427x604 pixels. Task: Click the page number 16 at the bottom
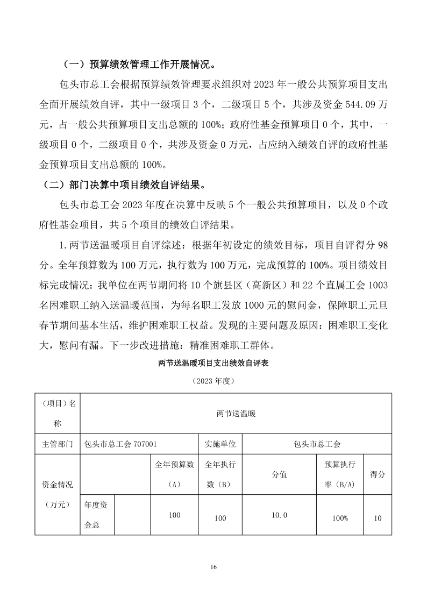pyautogui.click(x=213, y=567)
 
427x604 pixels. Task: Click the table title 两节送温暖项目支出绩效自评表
pyautogui.click(x=213, y=363)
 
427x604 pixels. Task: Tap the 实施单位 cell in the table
pyautogui.click(x=220, y=444)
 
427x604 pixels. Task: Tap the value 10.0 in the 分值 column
pyautogui.click(x=279, y=515)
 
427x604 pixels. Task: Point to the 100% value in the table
pyautogui.click(x=340, y=518)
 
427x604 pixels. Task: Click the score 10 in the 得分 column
pyautogui.click(x=377, y=518)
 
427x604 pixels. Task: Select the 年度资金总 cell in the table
pyautogui.click(x=97, y=515)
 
